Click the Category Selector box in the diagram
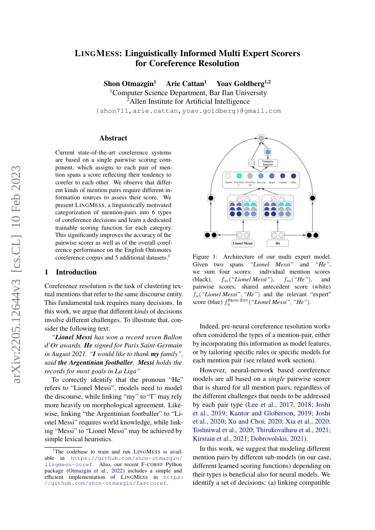(268, 162)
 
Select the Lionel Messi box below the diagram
(243, 243)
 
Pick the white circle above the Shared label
(229, 176)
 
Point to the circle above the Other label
(293, 176)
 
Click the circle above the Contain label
(282, 176)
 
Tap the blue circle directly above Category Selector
(268, 152)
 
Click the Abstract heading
(113, 138)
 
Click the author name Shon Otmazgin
(129, 83)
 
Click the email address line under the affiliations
(189, 111)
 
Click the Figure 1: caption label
(206, 257)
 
